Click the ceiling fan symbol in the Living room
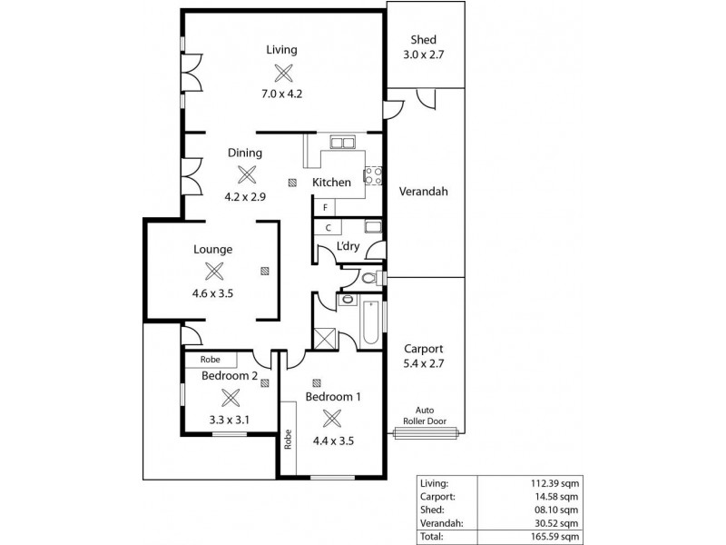click(285, 73)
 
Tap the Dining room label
click(245, 153)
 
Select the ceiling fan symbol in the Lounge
click(214, 271)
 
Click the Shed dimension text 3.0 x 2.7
click(423, 54)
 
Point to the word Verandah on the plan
click(423, 192)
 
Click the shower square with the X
click(324, 338)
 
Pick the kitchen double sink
click(342, 142)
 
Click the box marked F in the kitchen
click(325, 206)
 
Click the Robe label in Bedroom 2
click(210, 360)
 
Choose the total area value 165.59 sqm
click(554, 537)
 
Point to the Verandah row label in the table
click(442, 523)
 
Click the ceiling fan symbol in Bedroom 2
click(231, 396)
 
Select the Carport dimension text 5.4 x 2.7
click(423, 363)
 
